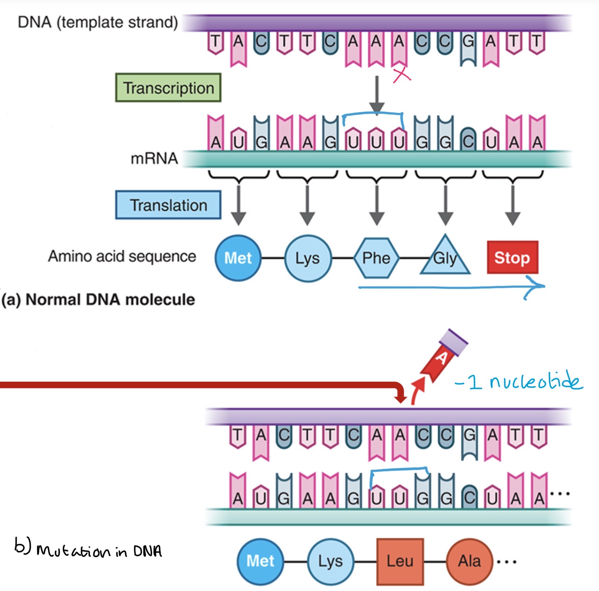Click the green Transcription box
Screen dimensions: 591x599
click(x=168, y=88)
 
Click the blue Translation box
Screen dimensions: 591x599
click(x=168, y=205)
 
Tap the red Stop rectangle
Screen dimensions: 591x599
click(x=512, y=257)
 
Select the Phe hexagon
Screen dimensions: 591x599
click(x=376, y=258)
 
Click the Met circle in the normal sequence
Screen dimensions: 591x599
click(x=238, y=258)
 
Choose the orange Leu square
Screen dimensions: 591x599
click(x=400, y=561)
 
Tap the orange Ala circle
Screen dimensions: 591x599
click(x=469, y=561)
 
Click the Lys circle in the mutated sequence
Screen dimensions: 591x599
click(x=331, y=561)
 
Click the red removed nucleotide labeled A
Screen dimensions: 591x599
click(x=442, y=357)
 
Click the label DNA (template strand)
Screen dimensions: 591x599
click(x=98, y=22)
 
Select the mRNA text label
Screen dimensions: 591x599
click(x=154, y=159)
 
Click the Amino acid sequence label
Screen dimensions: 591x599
click(x=122, y=256)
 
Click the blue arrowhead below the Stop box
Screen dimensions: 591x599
click(x=537, y=287)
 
